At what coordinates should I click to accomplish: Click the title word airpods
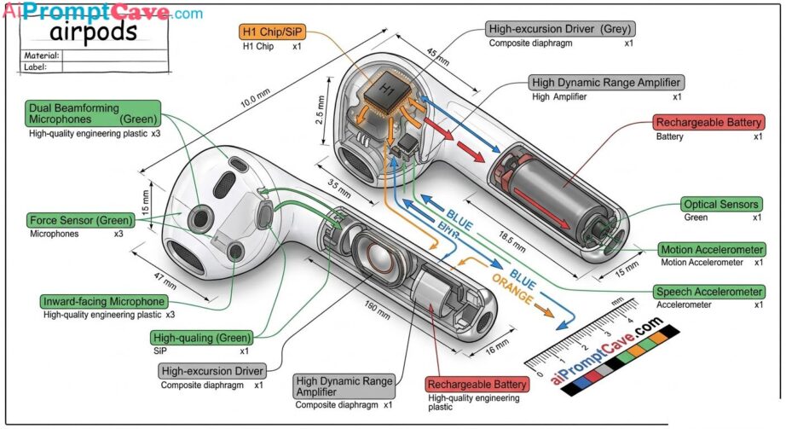coord(94,32)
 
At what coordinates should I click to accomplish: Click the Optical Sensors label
coord(721,205)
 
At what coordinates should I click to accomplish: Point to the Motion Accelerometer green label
coord(710,250)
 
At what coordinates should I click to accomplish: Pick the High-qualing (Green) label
coord(200,337)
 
